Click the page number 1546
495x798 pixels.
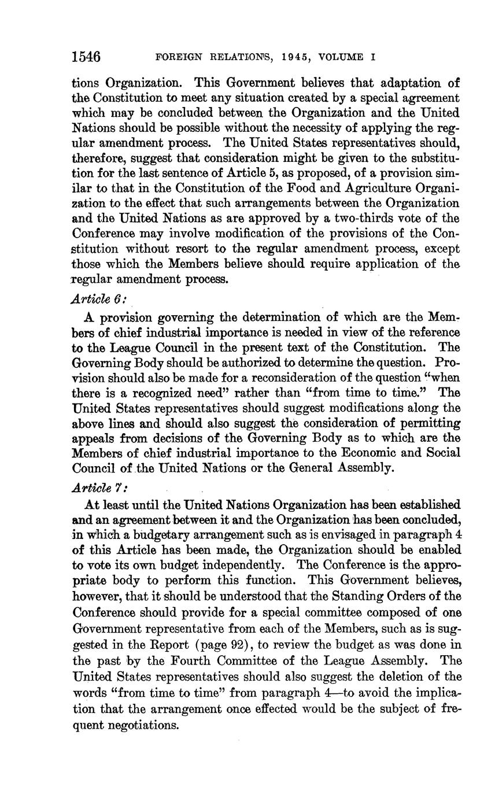click(x=86, y=57)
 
